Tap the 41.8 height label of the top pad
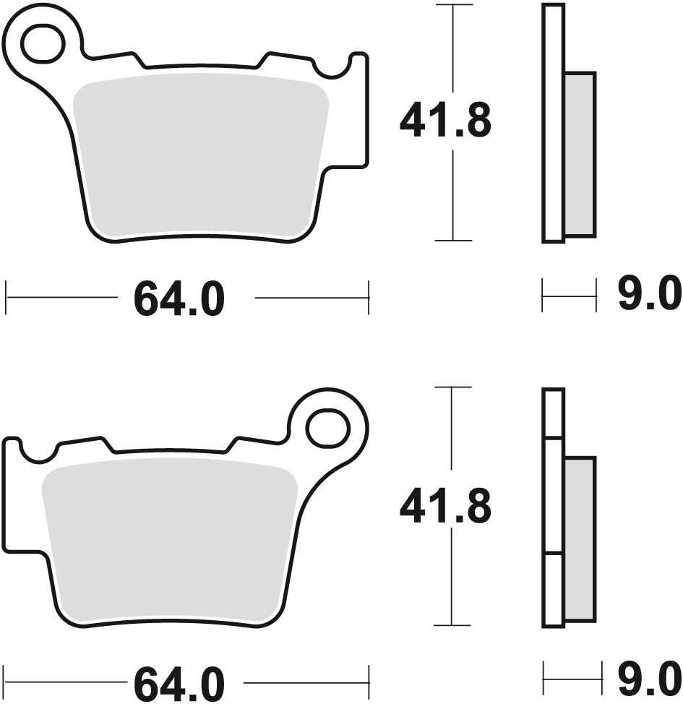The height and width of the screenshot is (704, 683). (x=445, y=121)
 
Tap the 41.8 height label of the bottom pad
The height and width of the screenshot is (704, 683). (x=445, y=506)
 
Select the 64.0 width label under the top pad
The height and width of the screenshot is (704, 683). (x=179, y=299)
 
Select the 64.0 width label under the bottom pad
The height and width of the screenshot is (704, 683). (x=179, y=683)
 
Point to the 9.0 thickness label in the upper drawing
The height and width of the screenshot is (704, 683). (x=649, y=296)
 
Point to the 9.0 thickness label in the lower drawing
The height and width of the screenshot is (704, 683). (x=649, y=679)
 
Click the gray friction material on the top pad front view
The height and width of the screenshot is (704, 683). (x=199, y=155)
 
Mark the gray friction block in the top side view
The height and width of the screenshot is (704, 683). (x=580, y=155)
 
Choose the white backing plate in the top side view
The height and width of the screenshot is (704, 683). (x=553, y=123)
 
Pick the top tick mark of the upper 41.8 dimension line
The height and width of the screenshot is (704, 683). (x=452, y=6)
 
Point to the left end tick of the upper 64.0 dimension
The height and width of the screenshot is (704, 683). (x=7, y=297)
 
